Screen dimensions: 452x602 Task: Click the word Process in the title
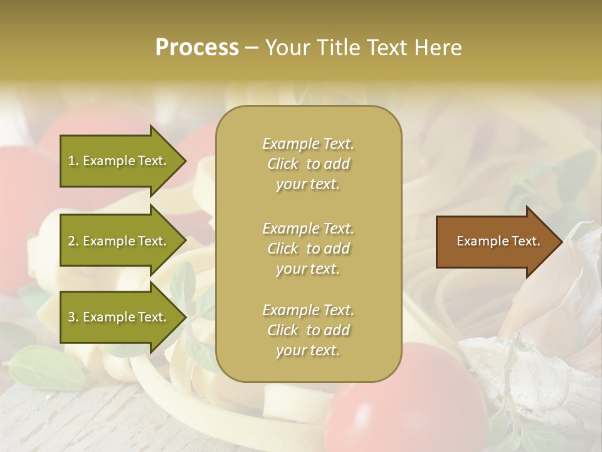pos(197,48)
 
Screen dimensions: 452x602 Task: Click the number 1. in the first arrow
pos(73,161)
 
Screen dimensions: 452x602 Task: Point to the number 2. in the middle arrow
pos(73,241)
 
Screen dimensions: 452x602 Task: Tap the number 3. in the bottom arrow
pos(73,317)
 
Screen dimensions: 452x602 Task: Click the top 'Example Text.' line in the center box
pos(308,144)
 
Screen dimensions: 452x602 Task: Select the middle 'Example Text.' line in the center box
pos(308,228)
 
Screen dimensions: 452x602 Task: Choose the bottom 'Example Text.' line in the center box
pos(308,310)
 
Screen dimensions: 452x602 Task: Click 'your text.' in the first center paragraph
pos(308,185)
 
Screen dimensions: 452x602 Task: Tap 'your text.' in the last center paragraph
pos(308,351)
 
